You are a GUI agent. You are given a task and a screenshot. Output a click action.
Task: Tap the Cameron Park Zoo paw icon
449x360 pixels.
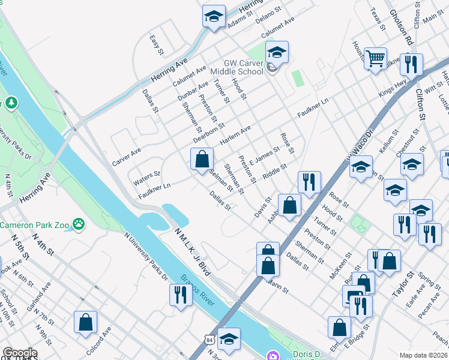click(78, 224)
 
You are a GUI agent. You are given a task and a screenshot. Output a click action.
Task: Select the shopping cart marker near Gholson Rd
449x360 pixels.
click(376, 59)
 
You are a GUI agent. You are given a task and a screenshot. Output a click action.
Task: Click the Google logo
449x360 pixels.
click(19, 353)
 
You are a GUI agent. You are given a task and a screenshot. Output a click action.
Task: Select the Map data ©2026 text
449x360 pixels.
click(424, 355)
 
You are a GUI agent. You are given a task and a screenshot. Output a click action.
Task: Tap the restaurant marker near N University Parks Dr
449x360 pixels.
click(179, 295)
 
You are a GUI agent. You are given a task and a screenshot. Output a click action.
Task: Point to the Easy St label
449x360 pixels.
click(157, 45)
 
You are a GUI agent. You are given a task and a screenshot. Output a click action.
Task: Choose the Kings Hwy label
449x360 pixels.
click(392, 90)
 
